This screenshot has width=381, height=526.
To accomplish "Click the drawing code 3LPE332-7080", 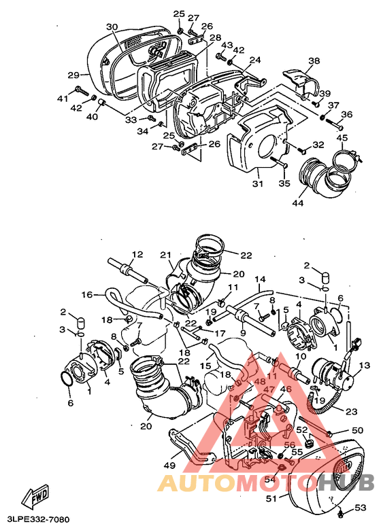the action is coord(35,520).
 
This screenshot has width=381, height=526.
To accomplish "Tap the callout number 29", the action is coord(73,75).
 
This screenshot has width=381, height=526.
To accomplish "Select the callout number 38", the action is coord(314,61).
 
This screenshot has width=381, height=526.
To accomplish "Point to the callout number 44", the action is coord(298,203).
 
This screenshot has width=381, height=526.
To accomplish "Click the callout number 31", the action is coord(258,183).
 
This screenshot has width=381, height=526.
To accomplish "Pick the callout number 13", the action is coord(364,366).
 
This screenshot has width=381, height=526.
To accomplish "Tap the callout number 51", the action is coord(271,499).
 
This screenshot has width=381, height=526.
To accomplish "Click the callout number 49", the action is coord(169,466).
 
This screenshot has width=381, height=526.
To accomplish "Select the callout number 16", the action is coord(87,294).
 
